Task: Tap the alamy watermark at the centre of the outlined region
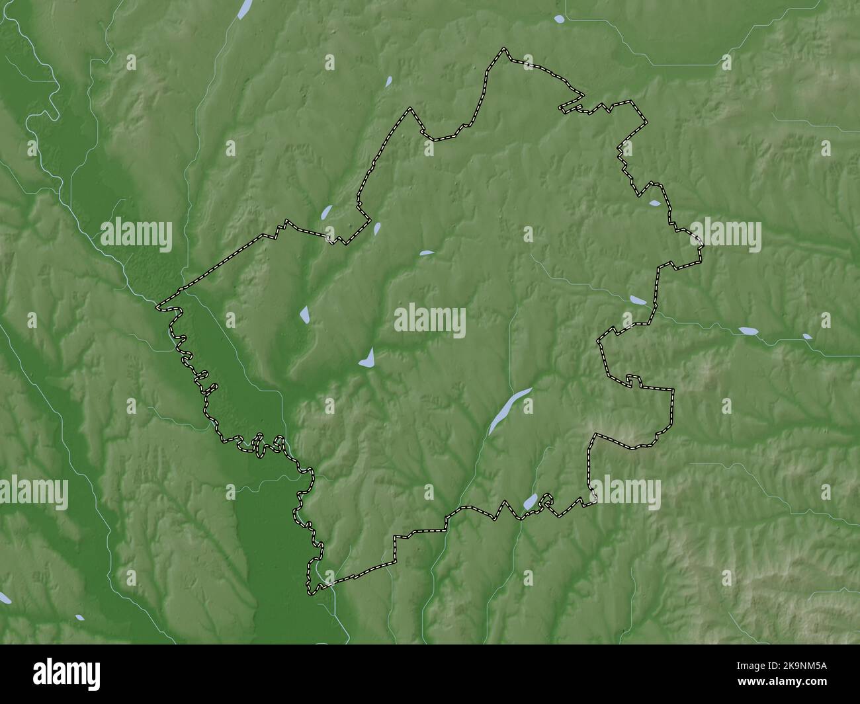[x=430, y=322]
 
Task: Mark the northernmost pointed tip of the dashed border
[x=505, y=49]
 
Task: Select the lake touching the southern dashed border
[x=530, y=502]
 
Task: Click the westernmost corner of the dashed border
[x=158, y=307]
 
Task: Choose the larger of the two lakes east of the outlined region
[x=749, y=330]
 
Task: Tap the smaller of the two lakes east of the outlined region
[x=807, y=336]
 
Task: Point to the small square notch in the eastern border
[x=633, y=379]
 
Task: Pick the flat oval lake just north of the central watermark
[x=427, y=253]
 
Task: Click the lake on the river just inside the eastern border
[x=638, y=300]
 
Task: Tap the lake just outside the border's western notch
[x=326, y=213]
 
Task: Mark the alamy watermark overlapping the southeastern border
[x=625, y=493]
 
